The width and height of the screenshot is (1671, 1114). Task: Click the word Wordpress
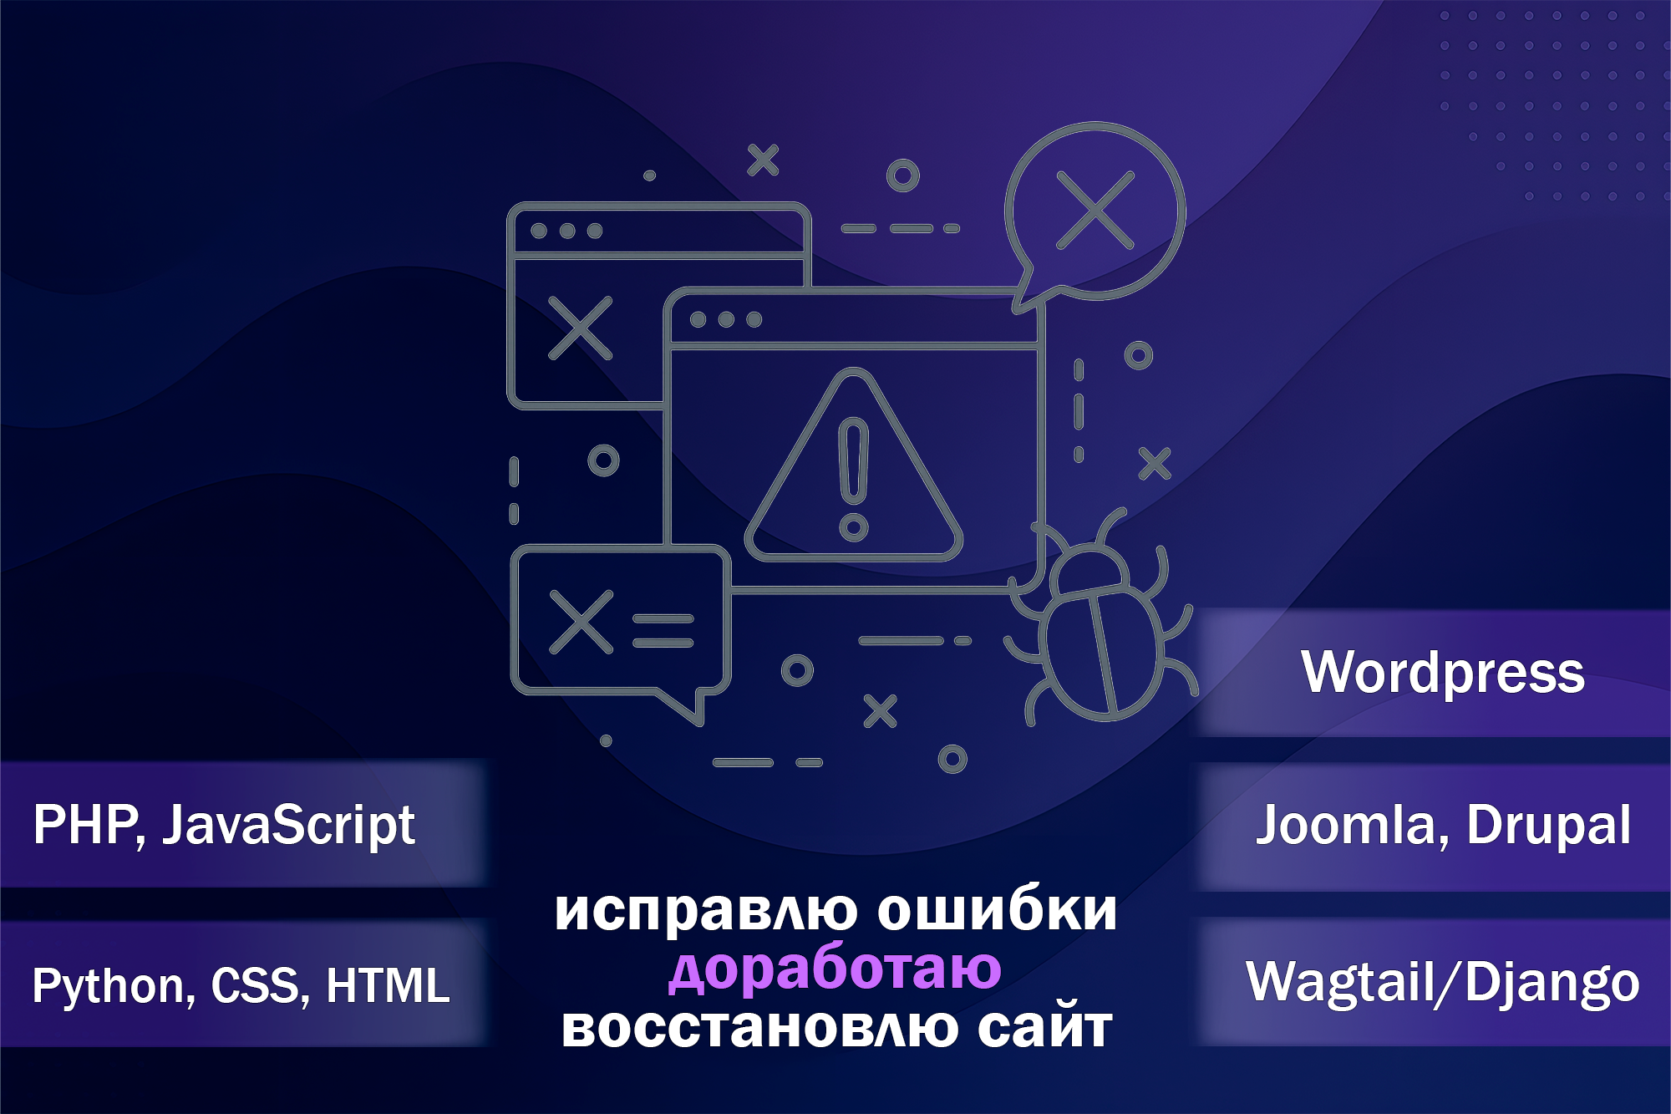(1442, 672)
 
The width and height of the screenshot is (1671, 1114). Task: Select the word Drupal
(1548, 826)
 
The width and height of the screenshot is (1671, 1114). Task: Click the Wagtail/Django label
(1442, 983)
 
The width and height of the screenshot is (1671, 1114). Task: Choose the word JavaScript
(288, 825)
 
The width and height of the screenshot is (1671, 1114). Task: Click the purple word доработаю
(835, 969)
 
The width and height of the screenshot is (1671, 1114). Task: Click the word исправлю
(706, 911)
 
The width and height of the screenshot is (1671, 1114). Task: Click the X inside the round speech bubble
(1095, 210)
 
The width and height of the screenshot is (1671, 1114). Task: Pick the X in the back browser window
(580, 328)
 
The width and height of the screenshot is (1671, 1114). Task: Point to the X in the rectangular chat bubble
(581, 622)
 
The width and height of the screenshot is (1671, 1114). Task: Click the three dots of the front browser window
(725, 319)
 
